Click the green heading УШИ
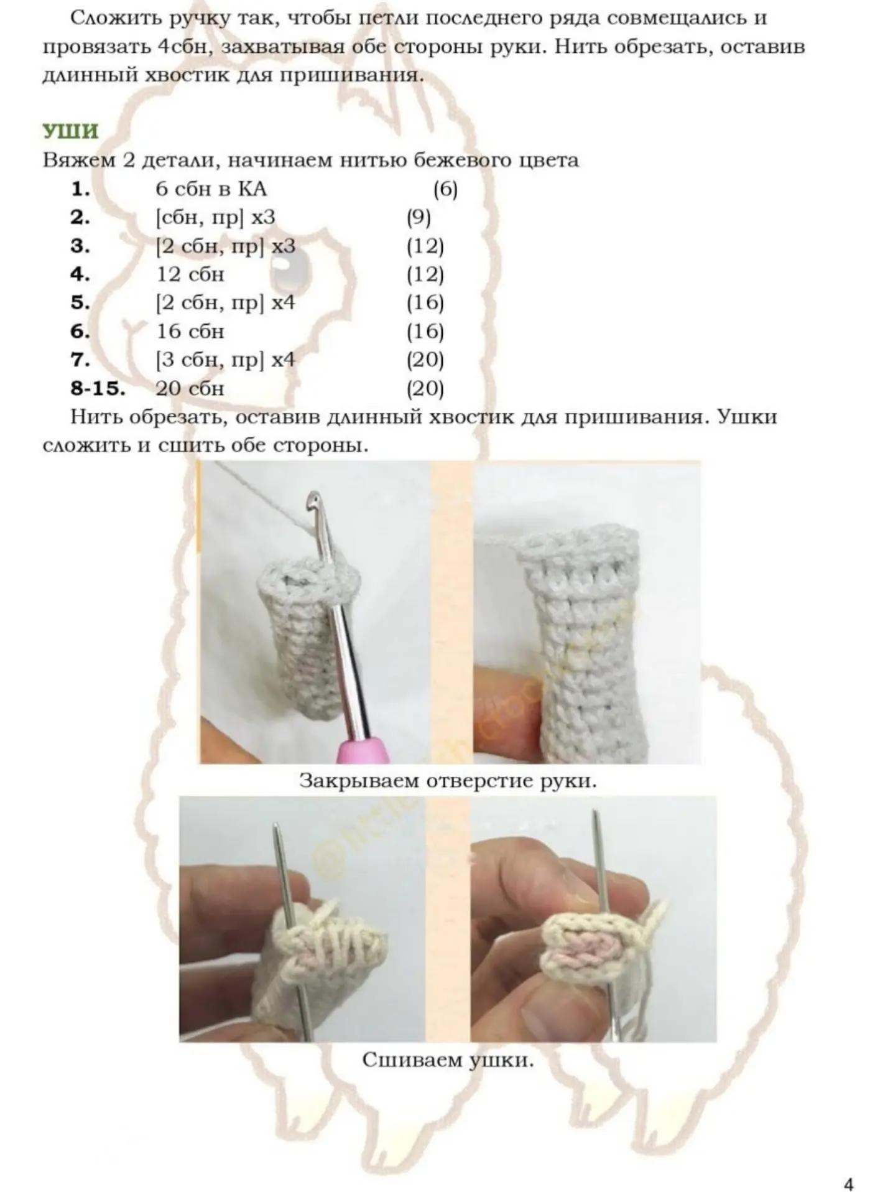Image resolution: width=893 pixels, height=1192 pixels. tap(70, 132)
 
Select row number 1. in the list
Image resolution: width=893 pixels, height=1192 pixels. tap(80, 189)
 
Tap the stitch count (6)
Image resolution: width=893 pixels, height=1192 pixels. tap(445, 190)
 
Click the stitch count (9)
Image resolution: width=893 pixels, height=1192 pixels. tap(419, 218)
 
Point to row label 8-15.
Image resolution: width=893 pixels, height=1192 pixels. tap(98, 389)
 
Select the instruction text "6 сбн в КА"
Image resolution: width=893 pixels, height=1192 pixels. tap(211, 189)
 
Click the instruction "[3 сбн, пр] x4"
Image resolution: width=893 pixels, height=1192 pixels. tap(225, 360)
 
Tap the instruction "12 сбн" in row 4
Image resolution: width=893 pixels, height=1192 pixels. tap(190, 274)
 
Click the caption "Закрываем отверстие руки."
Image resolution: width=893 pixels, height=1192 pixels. tap(448, 780)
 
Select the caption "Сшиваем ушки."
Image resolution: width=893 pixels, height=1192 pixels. tap(448, 1059)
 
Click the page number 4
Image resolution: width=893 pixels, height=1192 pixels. tap(849, 1167)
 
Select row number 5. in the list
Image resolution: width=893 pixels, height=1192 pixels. tap(80, 303)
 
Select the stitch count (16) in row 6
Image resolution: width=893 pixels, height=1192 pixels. tap(425, 332)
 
